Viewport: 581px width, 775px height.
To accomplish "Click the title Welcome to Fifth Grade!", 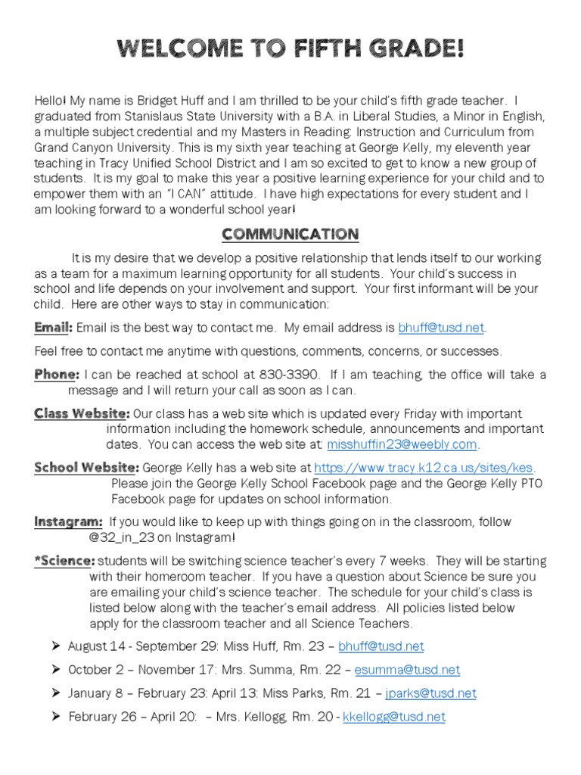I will click(290, 51).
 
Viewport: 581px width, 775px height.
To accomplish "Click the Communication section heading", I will click(290, 234).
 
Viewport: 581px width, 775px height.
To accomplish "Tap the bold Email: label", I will click(53, 328).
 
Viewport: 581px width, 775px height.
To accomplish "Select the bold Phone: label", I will click(56, 375).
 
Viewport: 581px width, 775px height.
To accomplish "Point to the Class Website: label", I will click(82, 413).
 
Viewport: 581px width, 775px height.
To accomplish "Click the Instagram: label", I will click(68, 521).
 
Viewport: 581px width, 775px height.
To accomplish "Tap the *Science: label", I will click(64, 561).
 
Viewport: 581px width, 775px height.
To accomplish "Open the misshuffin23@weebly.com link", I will click(402, 444).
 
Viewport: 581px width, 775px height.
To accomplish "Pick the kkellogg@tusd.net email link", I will click(394, 717).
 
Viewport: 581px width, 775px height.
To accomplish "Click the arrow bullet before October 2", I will click(55, 670).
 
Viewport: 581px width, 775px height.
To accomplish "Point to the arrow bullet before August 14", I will click(55, 646).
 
